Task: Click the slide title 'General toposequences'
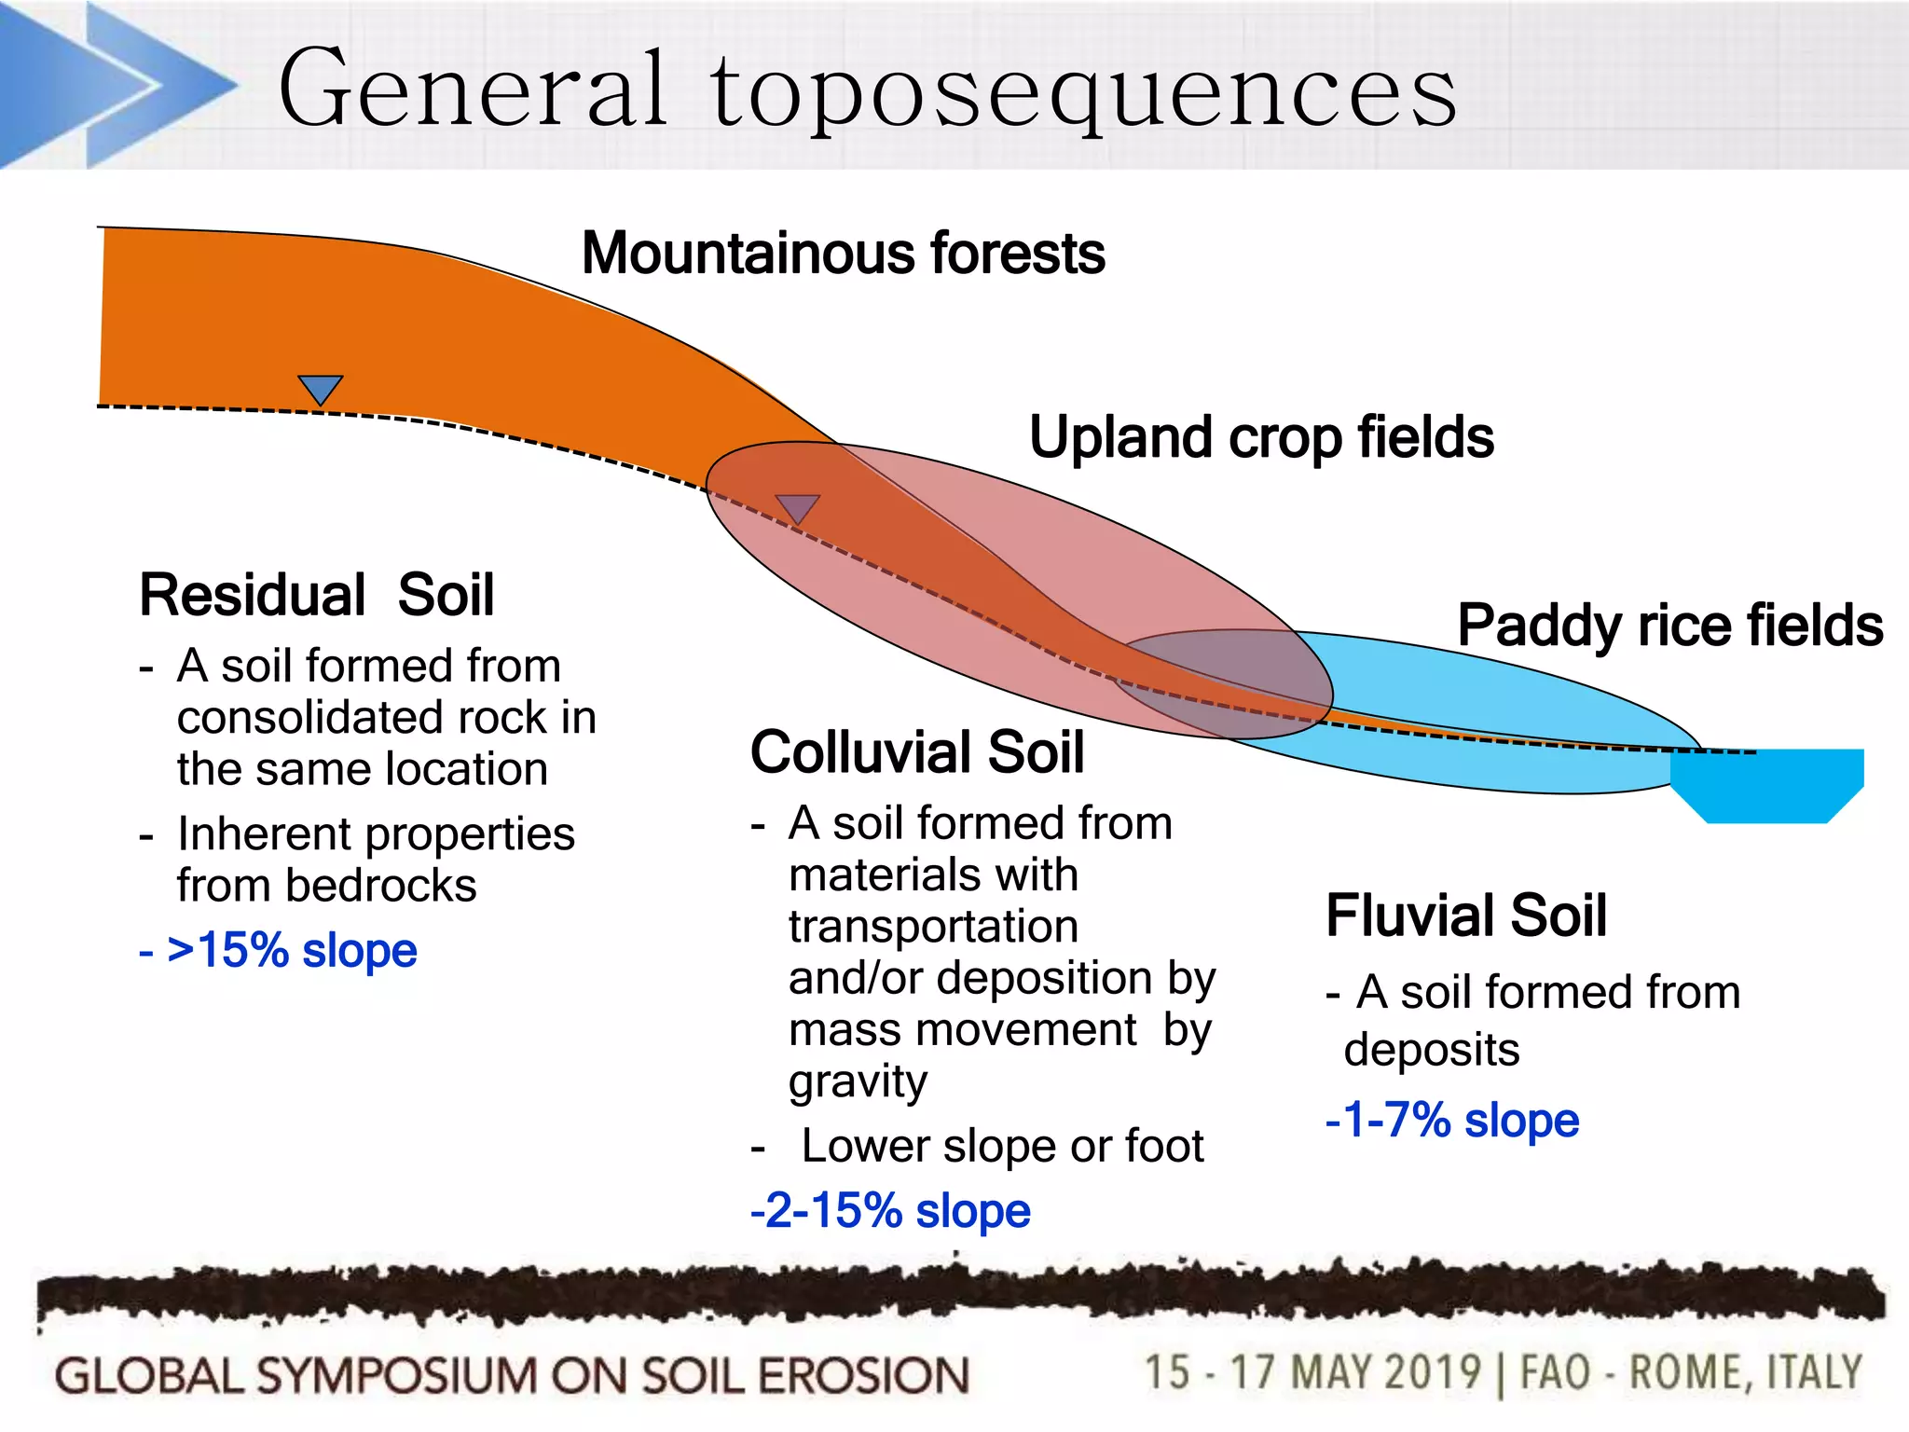tap(867, 89)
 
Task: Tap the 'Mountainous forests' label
tap(843, 253)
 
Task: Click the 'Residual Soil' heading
tap(316, 595)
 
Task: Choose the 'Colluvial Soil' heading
tap(917, 751)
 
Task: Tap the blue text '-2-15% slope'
tap(890, 1211)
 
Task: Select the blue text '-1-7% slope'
tap(1452, 1120)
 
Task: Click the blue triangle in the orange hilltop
tap(320, 388)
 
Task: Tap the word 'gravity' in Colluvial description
tap(858, 1081)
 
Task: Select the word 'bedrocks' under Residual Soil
tap(381, 885)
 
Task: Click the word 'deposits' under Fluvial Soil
tap(1432, 1050)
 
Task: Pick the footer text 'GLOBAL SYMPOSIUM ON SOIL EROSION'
tap(512, 1376)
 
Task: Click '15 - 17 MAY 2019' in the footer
tap(1312, 1373)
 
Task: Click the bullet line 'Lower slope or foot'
tap(1002, 1146)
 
